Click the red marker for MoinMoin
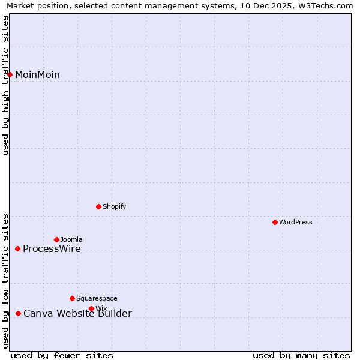tap(10, 74)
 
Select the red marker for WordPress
tap(275, 222)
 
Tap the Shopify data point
tap(98, 206)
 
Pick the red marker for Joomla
tap(56, 239)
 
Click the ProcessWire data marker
tap(17, 248)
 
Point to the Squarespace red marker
tap(72, 298)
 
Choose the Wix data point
tap(91, 308)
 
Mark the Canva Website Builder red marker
tap(18, 313)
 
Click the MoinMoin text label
tap(37, 74)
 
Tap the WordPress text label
tap(296, 222)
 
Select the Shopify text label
tap(115, 206)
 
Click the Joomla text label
tap(71, 239)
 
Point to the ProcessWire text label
tap(52, 249)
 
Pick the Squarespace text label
tap(97, 298)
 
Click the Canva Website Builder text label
tap(77, 313)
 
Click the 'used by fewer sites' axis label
tap(62, 355)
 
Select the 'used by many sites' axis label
tap(301, 355)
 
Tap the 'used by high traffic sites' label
tap(5, 85)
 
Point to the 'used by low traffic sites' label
tap(5, 281)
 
